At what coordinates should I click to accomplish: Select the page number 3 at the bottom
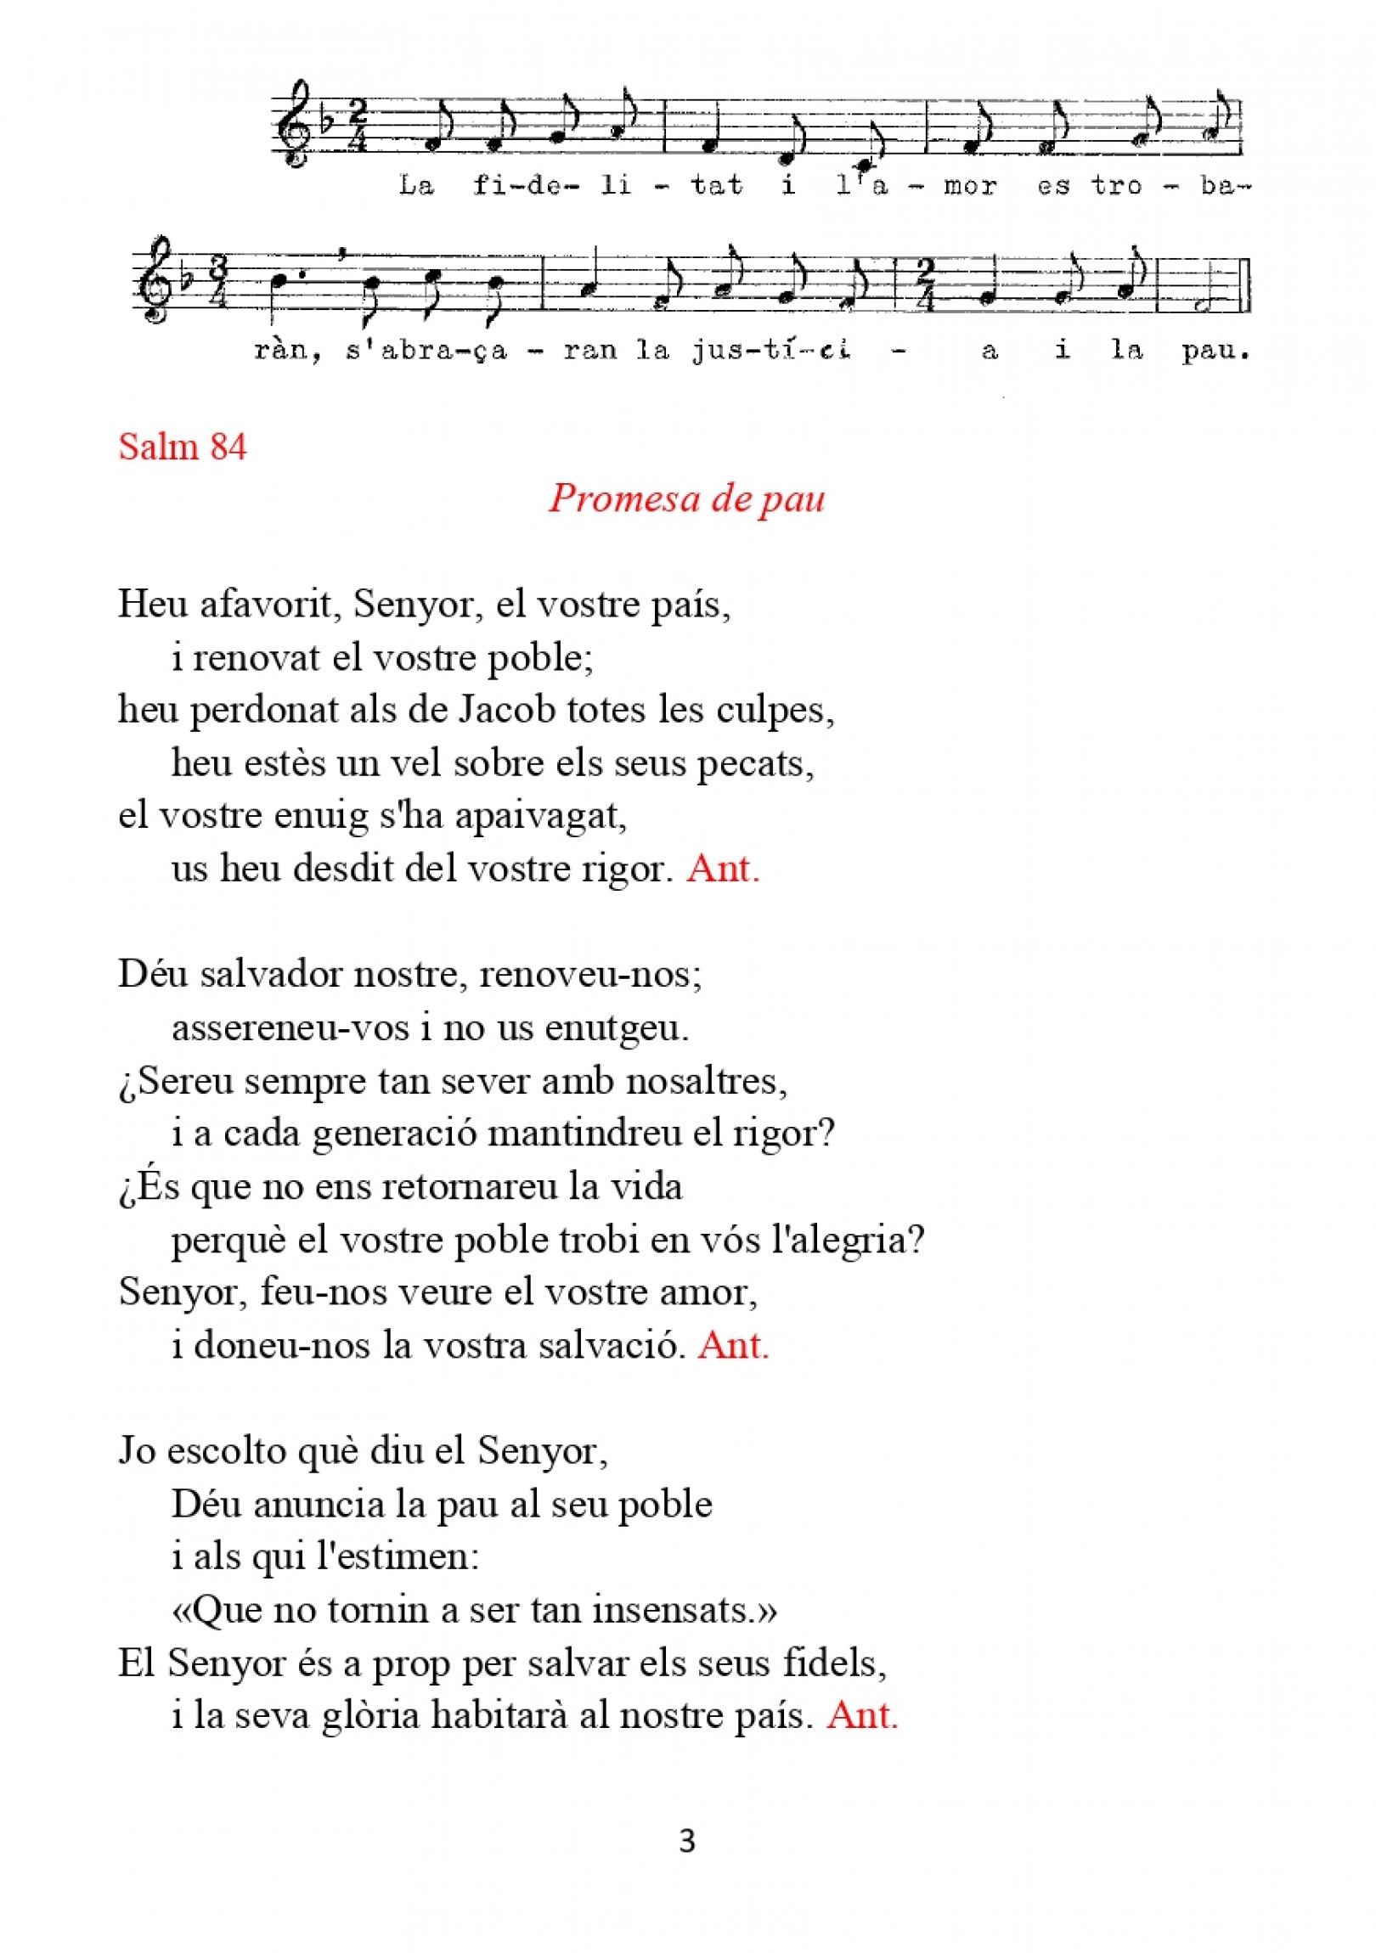[x=687, y=1842]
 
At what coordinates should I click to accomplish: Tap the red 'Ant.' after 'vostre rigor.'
[x=723, y=869]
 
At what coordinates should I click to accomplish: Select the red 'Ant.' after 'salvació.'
[x=734, y=1345]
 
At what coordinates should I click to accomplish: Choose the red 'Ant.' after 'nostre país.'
[x=862, y=1716]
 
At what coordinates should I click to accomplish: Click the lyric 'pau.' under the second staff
[x=1216, y=351]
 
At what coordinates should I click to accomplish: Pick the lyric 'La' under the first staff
[x=416, y=185]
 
